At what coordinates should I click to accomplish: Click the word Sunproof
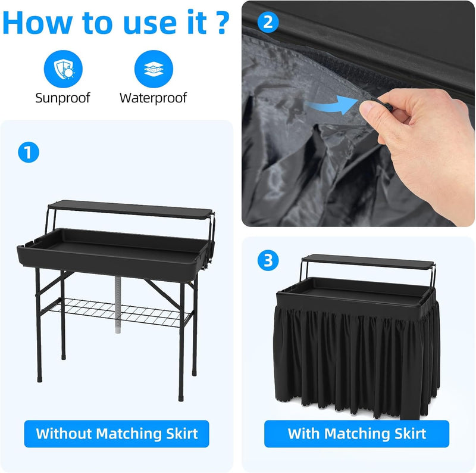pyautogui.click(x=62, y=98)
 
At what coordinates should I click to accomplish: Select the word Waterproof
pyautogui.click(x=153, y=98)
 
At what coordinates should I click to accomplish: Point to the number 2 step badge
pyautogui.click(x=268, y=23)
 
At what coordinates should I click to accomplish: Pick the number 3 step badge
pyautogui.click(x=268, y=260)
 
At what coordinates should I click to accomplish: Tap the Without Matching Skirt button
pyautogui.click(x=117, y=433)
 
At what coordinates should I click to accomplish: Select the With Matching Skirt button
pyautogui.click(x=357, y=433)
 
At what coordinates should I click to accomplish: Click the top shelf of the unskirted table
pyautogui.click(x=131, y=208)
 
